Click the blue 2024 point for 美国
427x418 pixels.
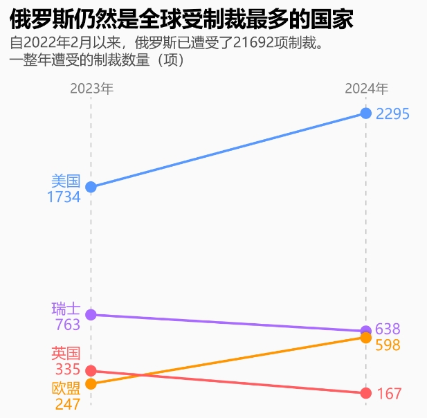[366, 113]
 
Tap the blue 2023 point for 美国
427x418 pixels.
[91, 187]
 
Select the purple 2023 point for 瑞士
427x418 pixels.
[91, 314]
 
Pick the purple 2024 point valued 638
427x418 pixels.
[366, 331]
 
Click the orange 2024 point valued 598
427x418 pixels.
[366, 337]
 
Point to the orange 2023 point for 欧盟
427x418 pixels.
[91, 383]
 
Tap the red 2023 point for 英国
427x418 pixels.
[91, 371]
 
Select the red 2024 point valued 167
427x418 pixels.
[366, 393]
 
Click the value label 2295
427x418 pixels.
[393, 113]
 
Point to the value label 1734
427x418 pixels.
[64, 197]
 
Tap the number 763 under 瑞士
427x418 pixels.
[67, 325]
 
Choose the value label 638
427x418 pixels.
[388, 329]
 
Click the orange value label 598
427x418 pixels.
[388, 345]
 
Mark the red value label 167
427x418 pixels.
[389, 394]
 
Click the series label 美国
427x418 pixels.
[66, 181]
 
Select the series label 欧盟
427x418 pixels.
[66, 389]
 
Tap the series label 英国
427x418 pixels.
[66, 354]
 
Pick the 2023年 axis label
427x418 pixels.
[91, 89]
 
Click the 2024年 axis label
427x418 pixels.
[367, 89]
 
